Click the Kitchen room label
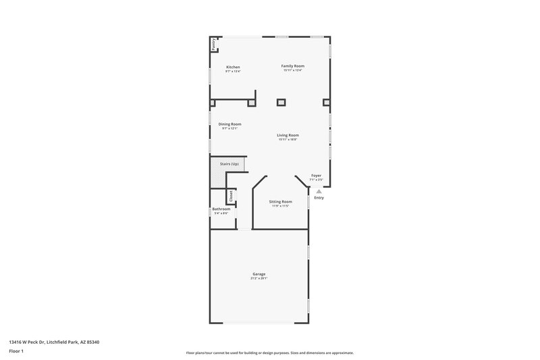coord(233,67)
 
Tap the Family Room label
coord(294,66)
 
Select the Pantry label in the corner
coord(214,45)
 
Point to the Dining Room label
coord(230,124)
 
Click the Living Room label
coord(288,134)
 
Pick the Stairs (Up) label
coord(230,164)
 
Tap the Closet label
coord(231,196)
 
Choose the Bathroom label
coord(221,209)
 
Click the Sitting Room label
coord(280,202)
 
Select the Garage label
coord(259,274)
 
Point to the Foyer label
coord(316,176)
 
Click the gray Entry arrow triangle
coord(319,191)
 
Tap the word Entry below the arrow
coord(319,198)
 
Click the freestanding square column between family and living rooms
coord(281,103)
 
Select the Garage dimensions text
coord(259,278)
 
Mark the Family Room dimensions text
coord(294,70)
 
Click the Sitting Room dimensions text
coord(280,206)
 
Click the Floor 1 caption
coord(16,351)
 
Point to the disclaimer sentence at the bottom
coord(270,353)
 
